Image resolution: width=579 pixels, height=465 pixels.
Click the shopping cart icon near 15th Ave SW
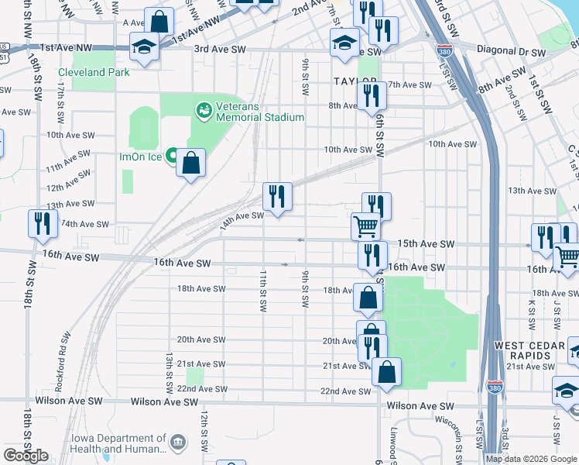365,226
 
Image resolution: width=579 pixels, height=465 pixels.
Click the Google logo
26,456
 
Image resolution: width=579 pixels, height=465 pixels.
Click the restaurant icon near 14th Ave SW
277,196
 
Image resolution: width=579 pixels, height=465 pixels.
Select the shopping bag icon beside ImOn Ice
190,163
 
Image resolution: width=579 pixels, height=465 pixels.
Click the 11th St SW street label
263,291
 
